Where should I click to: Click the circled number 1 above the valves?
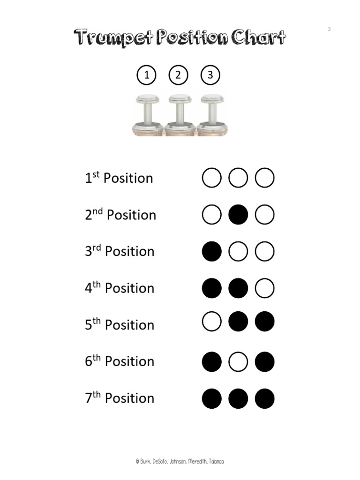point(146,75)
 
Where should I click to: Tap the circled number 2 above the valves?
point(178,75)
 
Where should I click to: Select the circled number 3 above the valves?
point(210,75)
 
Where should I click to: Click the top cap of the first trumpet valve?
point(148,99)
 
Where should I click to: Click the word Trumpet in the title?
point(113,37)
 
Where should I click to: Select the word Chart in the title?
point(258,37)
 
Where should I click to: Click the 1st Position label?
point(119,178)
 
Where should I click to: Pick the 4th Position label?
point(120,288)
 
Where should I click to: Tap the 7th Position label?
point(120,397)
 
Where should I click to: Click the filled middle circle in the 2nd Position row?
point(238,215)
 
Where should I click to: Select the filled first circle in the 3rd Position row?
point(212,251)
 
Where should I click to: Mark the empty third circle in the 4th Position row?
point(264,288)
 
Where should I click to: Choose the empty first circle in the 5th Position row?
point(212,322)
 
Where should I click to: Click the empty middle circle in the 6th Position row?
point(238,361)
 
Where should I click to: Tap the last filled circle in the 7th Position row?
point(264,398)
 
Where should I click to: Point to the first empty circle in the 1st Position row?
point(212,178)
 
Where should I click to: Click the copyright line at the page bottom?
point(180,461)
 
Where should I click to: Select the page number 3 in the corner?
point(329,29)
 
